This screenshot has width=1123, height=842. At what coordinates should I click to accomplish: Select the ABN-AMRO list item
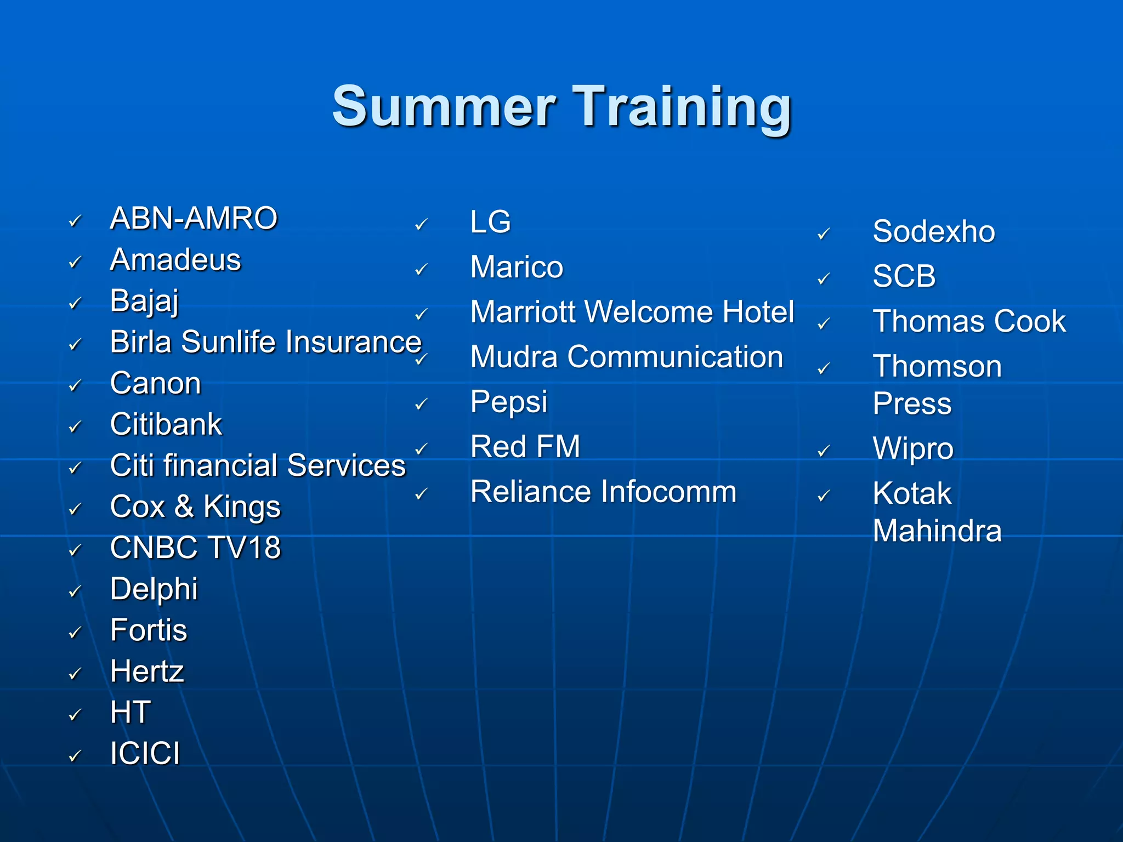(194, 218)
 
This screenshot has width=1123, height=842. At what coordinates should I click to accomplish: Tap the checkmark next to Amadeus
(75, 262)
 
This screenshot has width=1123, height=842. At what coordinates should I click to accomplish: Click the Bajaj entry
(144, 301)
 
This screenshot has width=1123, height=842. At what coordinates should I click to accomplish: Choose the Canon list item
(155, 383)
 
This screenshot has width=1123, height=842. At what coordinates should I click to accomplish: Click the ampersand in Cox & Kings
(184, 507)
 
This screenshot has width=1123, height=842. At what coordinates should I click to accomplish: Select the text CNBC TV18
(195, 548)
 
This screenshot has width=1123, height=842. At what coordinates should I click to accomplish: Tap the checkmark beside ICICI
(75, 756)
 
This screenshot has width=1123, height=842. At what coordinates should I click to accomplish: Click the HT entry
(130, 712)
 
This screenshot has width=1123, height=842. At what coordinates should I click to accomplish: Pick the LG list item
(490, 222)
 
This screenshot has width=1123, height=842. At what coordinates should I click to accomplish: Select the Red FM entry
(525, 446)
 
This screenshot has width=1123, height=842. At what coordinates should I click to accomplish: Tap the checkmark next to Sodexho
(824, 234)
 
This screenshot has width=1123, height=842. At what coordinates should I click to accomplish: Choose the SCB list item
(904, 276)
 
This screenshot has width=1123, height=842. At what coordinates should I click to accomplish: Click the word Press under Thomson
(912, 404)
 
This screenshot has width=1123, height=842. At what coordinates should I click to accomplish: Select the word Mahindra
(937, 531)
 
